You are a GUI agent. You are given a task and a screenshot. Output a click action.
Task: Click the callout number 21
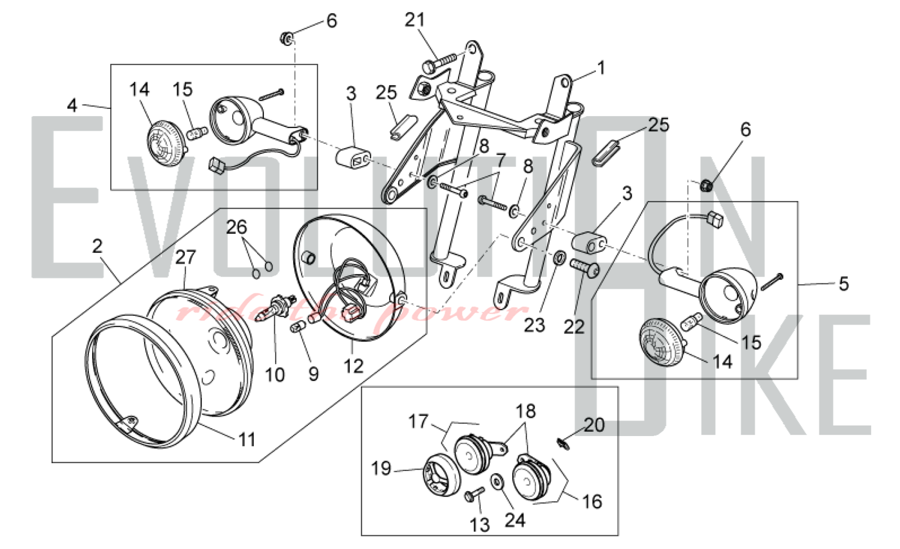click(x=414, y=20)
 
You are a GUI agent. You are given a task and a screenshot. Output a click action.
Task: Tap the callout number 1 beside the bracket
click(x=601, y=68)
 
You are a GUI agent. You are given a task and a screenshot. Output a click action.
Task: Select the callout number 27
click(x=185, y=257)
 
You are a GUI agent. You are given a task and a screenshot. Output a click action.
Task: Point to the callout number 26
click(x=237, y=227)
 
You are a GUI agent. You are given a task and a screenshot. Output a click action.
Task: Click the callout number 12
click(x=353, y=367)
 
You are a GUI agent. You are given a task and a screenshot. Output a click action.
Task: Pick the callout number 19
click(x=381, y=468)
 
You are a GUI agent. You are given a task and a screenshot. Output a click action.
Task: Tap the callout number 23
click(x=534, y=325)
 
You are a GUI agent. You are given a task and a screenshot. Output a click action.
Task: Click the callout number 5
click(x=843, y=284)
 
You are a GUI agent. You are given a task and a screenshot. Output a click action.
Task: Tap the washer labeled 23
click(x=558, y=258)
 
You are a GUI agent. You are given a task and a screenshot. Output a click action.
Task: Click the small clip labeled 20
click(x=562, y=444)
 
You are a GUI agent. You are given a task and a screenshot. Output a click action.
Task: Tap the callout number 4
click(x=72, y=105)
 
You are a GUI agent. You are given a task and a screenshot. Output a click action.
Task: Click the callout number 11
click(x=247, y=440)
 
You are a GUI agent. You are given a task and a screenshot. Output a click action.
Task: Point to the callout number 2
click(x=97, y=246)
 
